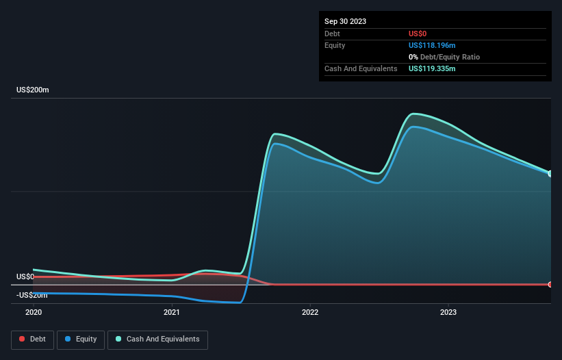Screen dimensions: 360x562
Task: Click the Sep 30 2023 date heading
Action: click(345, 21)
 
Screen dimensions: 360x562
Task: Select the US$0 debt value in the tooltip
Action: click(418, 34)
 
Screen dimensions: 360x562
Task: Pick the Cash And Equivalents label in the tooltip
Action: click(361, 68)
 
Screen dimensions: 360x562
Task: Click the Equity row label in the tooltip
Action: click(335, 45)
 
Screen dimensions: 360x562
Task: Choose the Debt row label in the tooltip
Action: click(332, 34)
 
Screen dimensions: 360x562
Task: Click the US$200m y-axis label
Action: click(33, 90)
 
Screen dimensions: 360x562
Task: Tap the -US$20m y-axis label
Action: click(33, 295)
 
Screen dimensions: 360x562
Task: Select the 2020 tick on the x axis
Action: click(34, 312)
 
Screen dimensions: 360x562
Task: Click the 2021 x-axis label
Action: click(172, 312)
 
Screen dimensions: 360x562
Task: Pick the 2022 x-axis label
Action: click(310, 312)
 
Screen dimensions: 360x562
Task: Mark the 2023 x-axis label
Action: click(448, 312)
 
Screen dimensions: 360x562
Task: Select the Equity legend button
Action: click(81, 339)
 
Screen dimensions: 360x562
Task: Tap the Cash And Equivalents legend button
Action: click(157, 339)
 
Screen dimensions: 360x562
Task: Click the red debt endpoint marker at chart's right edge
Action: click(550, 284)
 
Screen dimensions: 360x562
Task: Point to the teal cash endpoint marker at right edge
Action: click(550, 173)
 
